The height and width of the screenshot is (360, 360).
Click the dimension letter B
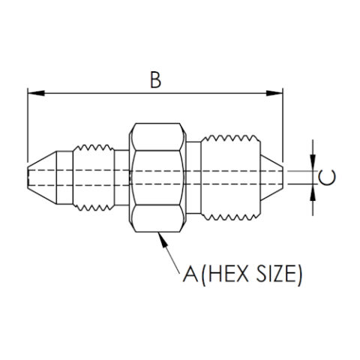click(155, 80)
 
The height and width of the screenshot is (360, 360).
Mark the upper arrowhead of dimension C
click(313, 166)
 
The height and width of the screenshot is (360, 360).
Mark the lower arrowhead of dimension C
click(313, 189)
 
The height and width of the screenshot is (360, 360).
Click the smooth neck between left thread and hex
click(121, 178)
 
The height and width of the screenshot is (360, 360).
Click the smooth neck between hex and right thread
click(193, 178)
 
